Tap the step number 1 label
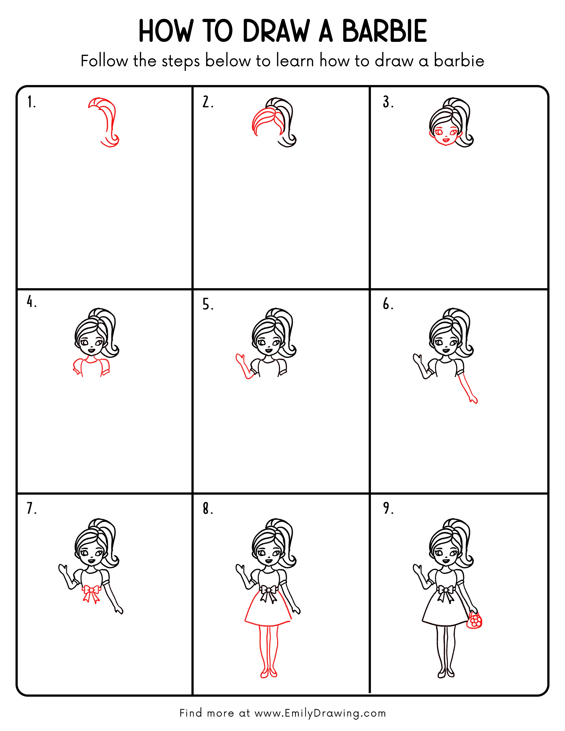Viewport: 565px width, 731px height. point(31,102)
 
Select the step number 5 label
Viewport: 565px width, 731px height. point(208,305)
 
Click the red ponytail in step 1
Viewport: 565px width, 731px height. point(109,121)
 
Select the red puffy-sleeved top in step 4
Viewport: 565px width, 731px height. point(91,367)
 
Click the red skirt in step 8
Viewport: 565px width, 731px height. point(268,612)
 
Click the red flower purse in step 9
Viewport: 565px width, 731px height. point(474,621)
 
